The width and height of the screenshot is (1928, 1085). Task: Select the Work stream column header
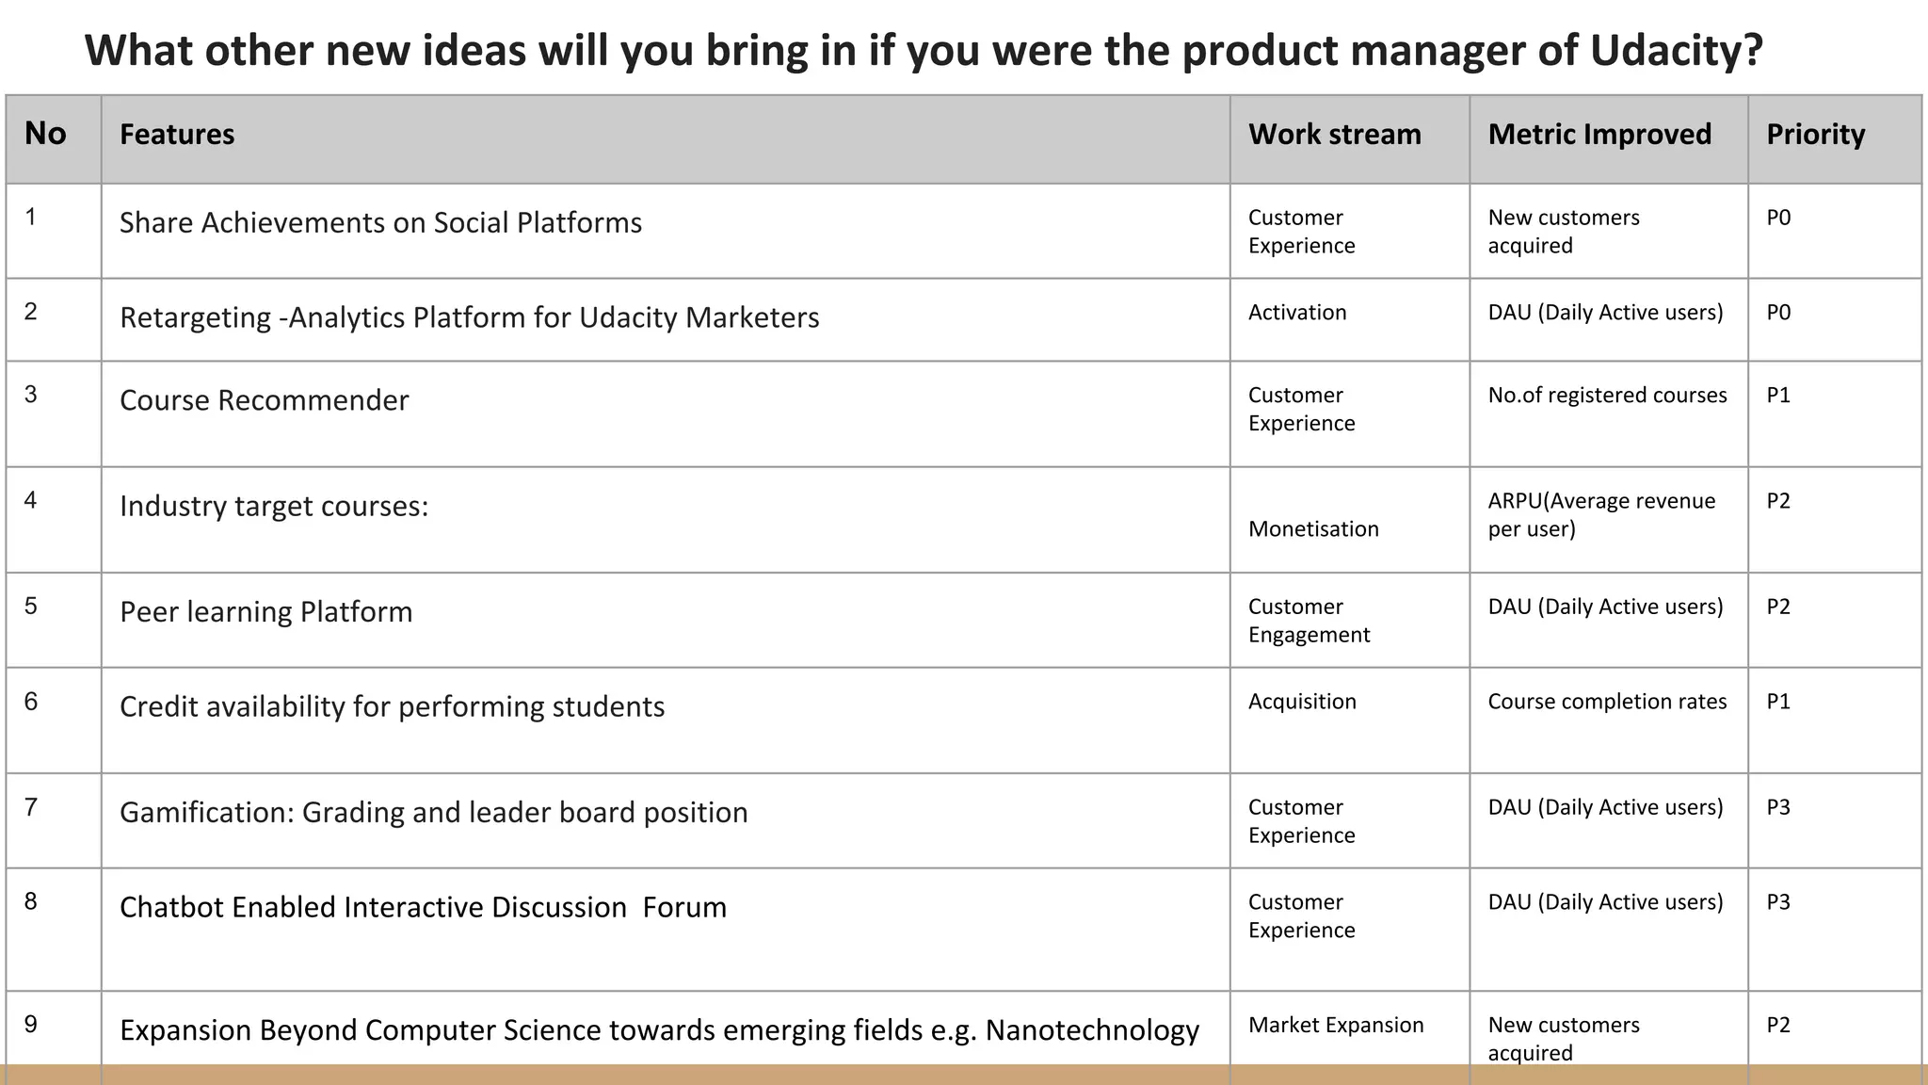(1334, 135)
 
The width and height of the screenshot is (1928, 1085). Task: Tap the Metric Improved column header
(1599, 135)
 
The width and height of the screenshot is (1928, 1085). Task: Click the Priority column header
(1815, 135)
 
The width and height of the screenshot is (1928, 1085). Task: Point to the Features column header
(177, 135)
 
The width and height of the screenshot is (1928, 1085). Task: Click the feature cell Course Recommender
(265, 400)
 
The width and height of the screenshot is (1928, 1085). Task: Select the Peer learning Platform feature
(266, 612)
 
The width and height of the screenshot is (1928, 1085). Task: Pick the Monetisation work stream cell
(1313, 529)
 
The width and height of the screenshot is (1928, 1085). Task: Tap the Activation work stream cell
(1297, 313)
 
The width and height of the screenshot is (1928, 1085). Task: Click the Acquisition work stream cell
(1302, 702)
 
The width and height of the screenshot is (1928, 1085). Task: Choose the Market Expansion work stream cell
(1336, 1025)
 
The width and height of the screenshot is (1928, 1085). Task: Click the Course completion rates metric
(1607, 702)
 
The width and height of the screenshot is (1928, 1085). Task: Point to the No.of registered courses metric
(1607, 396)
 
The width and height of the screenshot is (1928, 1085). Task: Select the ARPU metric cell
(1601, 514)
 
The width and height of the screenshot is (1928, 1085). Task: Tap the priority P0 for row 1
(1778, 218)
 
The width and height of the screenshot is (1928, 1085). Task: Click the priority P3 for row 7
(1778, 807)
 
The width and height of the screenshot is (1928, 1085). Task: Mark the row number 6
(31, 702)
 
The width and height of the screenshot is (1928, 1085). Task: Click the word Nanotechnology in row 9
(1092, 1030)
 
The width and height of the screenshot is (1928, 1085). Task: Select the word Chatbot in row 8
(171, 907)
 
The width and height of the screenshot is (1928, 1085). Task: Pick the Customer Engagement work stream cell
(1309, 621)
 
